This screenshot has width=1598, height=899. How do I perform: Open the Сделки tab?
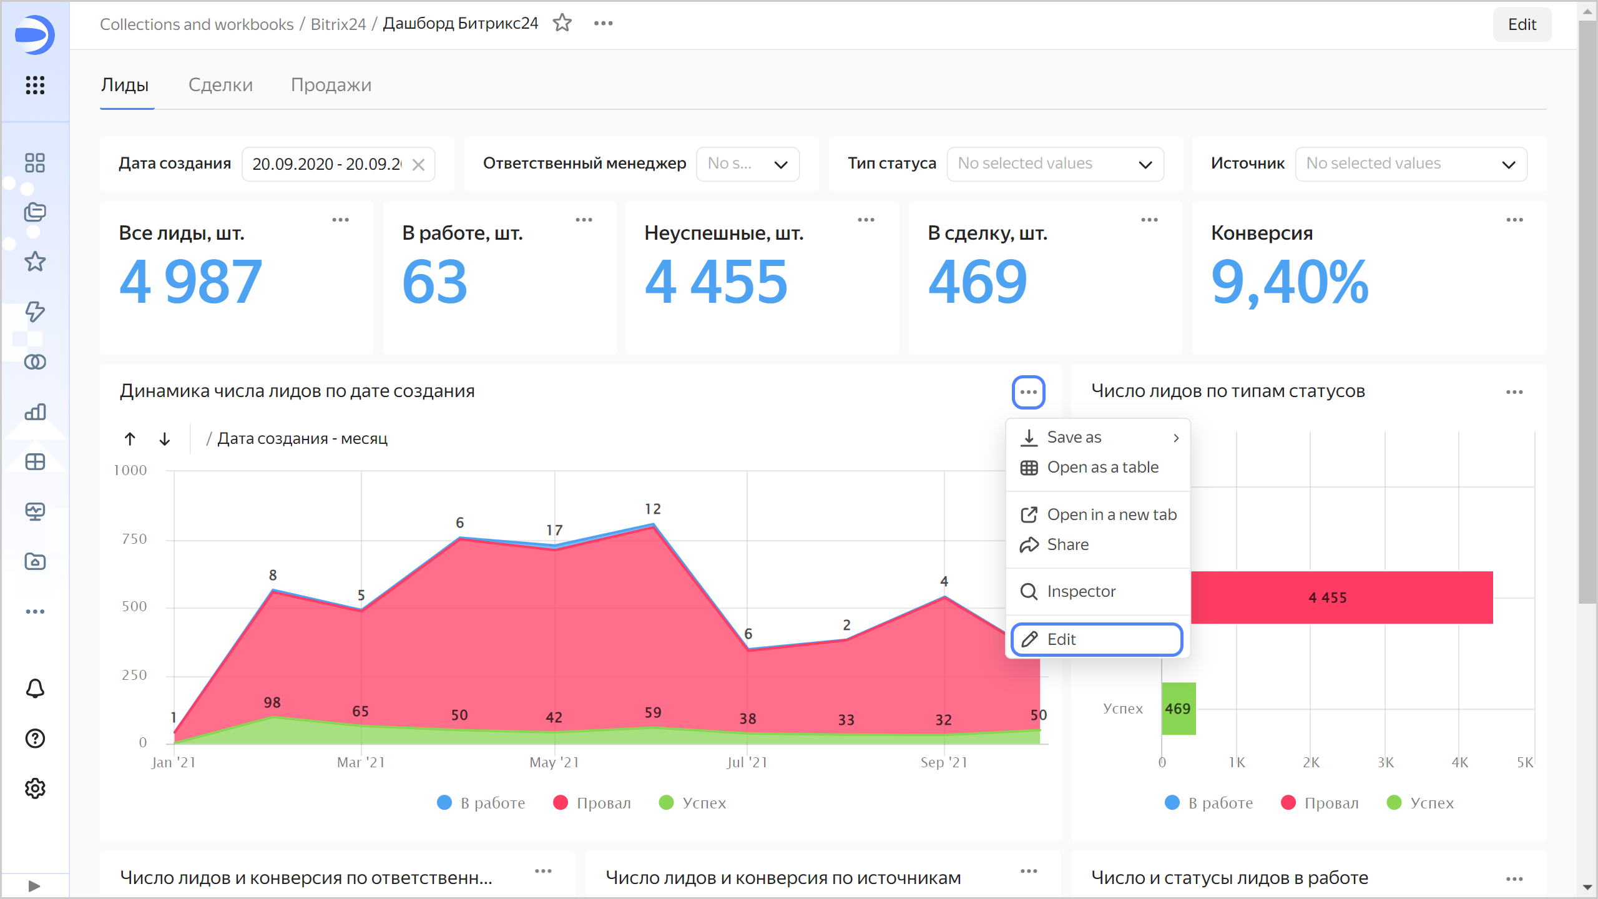coord(220,85)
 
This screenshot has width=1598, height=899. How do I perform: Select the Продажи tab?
coord(331,85)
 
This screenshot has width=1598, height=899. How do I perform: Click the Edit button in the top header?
coord(1521,24)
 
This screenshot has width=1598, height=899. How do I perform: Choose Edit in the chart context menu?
coord(1096,639)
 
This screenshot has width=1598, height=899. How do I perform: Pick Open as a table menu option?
coord(1102,467)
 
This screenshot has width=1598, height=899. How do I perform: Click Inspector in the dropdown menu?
coord(1081,591)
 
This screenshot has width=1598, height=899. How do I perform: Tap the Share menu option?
coord(1067,544)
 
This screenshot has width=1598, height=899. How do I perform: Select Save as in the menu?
coord(1074,437)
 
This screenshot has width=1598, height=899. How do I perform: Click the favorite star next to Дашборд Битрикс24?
coord(562,23)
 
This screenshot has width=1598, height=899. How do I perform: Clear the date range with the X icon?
coord(419,164)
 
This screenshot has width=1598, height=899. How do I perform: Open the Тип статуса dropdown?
coord(1055,164)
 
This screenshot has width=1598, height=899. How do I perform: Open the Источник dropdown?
coord(1411,164)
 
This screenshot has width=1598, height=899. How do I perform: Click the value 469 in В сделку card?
coord(978,283)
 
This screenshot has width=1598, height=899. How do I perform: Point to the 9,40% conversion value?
coord(1290,283)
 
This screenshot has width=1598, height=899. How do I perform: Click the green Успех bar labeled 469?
coord(1178,709)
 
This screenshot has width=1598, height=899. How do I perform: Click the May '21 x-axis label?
coord(554,762)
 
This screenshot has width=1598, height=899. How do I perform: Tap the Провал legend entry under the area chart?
coord(592,803)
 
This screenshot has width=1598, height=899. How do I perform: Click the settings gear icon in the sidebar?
coord(35,788)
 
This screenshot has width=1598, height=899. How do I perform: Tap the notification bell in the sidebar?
coord(35,689)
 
